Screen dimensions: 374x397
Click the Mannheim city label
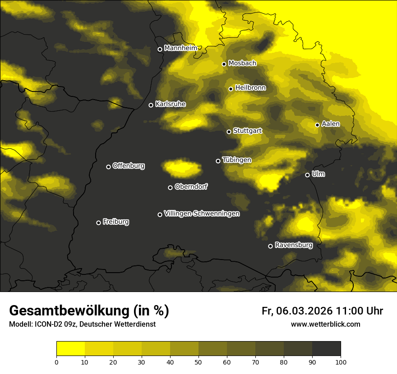[x=180, y=48]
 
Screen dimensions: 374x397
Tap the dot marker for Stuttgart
[x=229, y=132]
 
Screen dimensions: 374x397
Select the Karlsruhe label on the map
[x=170, y=104]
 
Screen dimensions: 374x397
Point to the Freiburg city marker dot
[x=98, y=223]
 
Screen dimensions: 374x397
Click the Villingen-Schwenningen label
[x=202, y=214]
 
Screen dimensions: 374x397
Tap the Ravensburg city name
[x=293, y=245]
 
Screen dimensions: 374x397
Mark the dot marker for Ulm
[x=307, y=175]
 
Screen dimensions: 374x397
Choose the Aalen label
[x=331, y=124]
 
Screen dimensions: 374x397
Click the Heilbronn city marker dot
[x=231, y=89]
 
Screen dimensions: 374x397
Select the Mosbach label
[x=242, y=64]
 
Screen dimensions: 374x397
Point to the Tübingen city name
[x=237, y=160]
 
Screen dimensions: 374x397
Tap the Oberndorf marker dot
[x=170, y=187]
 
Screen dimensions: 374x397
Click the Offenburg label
[x=129, y=166]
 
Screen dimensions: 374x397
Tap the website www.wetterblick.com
[x=325, y=324]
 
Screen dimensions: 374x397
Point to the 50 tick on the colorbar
[x=198, y=361]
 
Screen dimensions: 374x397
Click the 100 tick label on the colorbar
[x=340, y=361]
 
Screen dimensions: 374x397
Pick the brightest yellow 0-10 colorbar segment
[x=70, y=349]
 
